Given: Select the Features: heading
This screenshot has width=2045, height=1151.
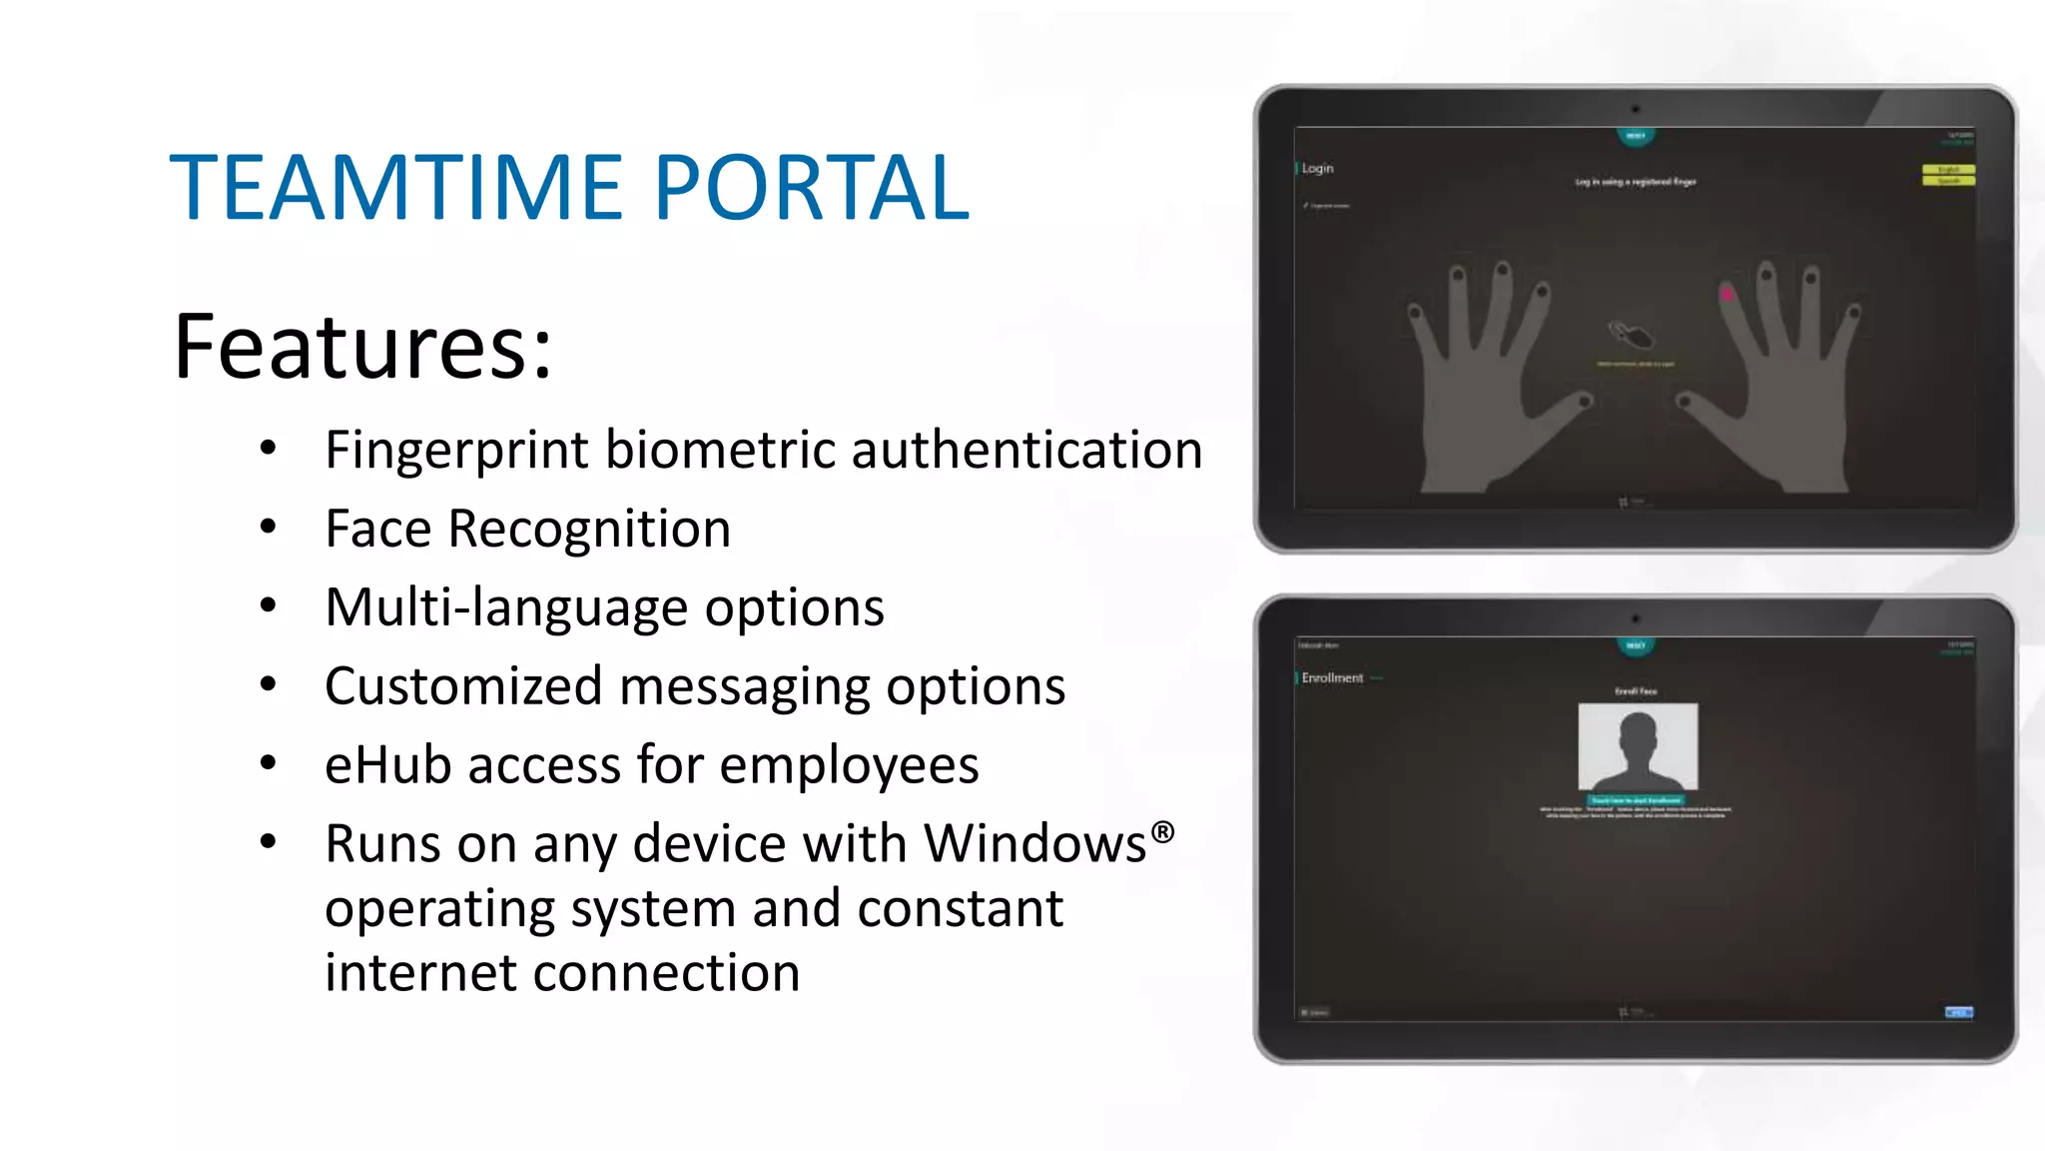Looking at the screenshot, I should click(362, 347).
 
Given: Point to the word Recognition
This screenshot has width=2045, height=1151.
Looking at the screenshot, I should click(589, 529).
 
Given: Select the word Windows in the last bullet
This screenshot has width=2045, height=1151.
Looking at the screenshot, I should click(1034, 844).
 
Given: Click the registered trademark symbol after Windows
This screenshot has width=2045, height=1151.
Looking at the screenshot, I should click(1162, 831).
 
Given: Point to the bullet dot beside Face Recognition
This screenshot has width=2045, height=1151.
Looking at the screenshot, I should click(268, 528).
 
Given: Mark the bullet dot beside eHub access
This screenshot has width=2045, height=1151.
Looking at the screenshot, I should click(268, 764).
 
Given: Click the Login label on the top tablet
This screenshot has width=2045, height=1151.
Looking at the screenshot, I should click(1317, 168).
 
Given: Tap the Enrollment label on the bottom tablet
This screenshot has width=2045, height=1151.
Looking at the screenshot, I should click(1332, 677).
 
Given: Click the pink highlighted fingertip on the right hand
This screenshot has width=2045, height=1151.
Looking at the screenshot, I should click(1726, 294).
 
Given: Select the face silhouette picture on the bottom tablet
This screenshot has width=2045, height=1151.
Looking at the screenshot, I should click(1638, 746).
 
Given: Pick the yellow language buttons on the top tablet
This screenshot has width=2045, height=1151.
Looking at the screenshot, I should click(1948, 175).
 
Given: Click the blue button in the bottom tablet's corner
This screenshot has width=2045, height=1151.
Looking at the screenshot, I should click(1958, 1012).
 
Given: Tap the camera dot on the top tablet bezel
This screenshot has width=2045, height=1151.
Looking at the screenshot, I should click(1636, 109).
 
